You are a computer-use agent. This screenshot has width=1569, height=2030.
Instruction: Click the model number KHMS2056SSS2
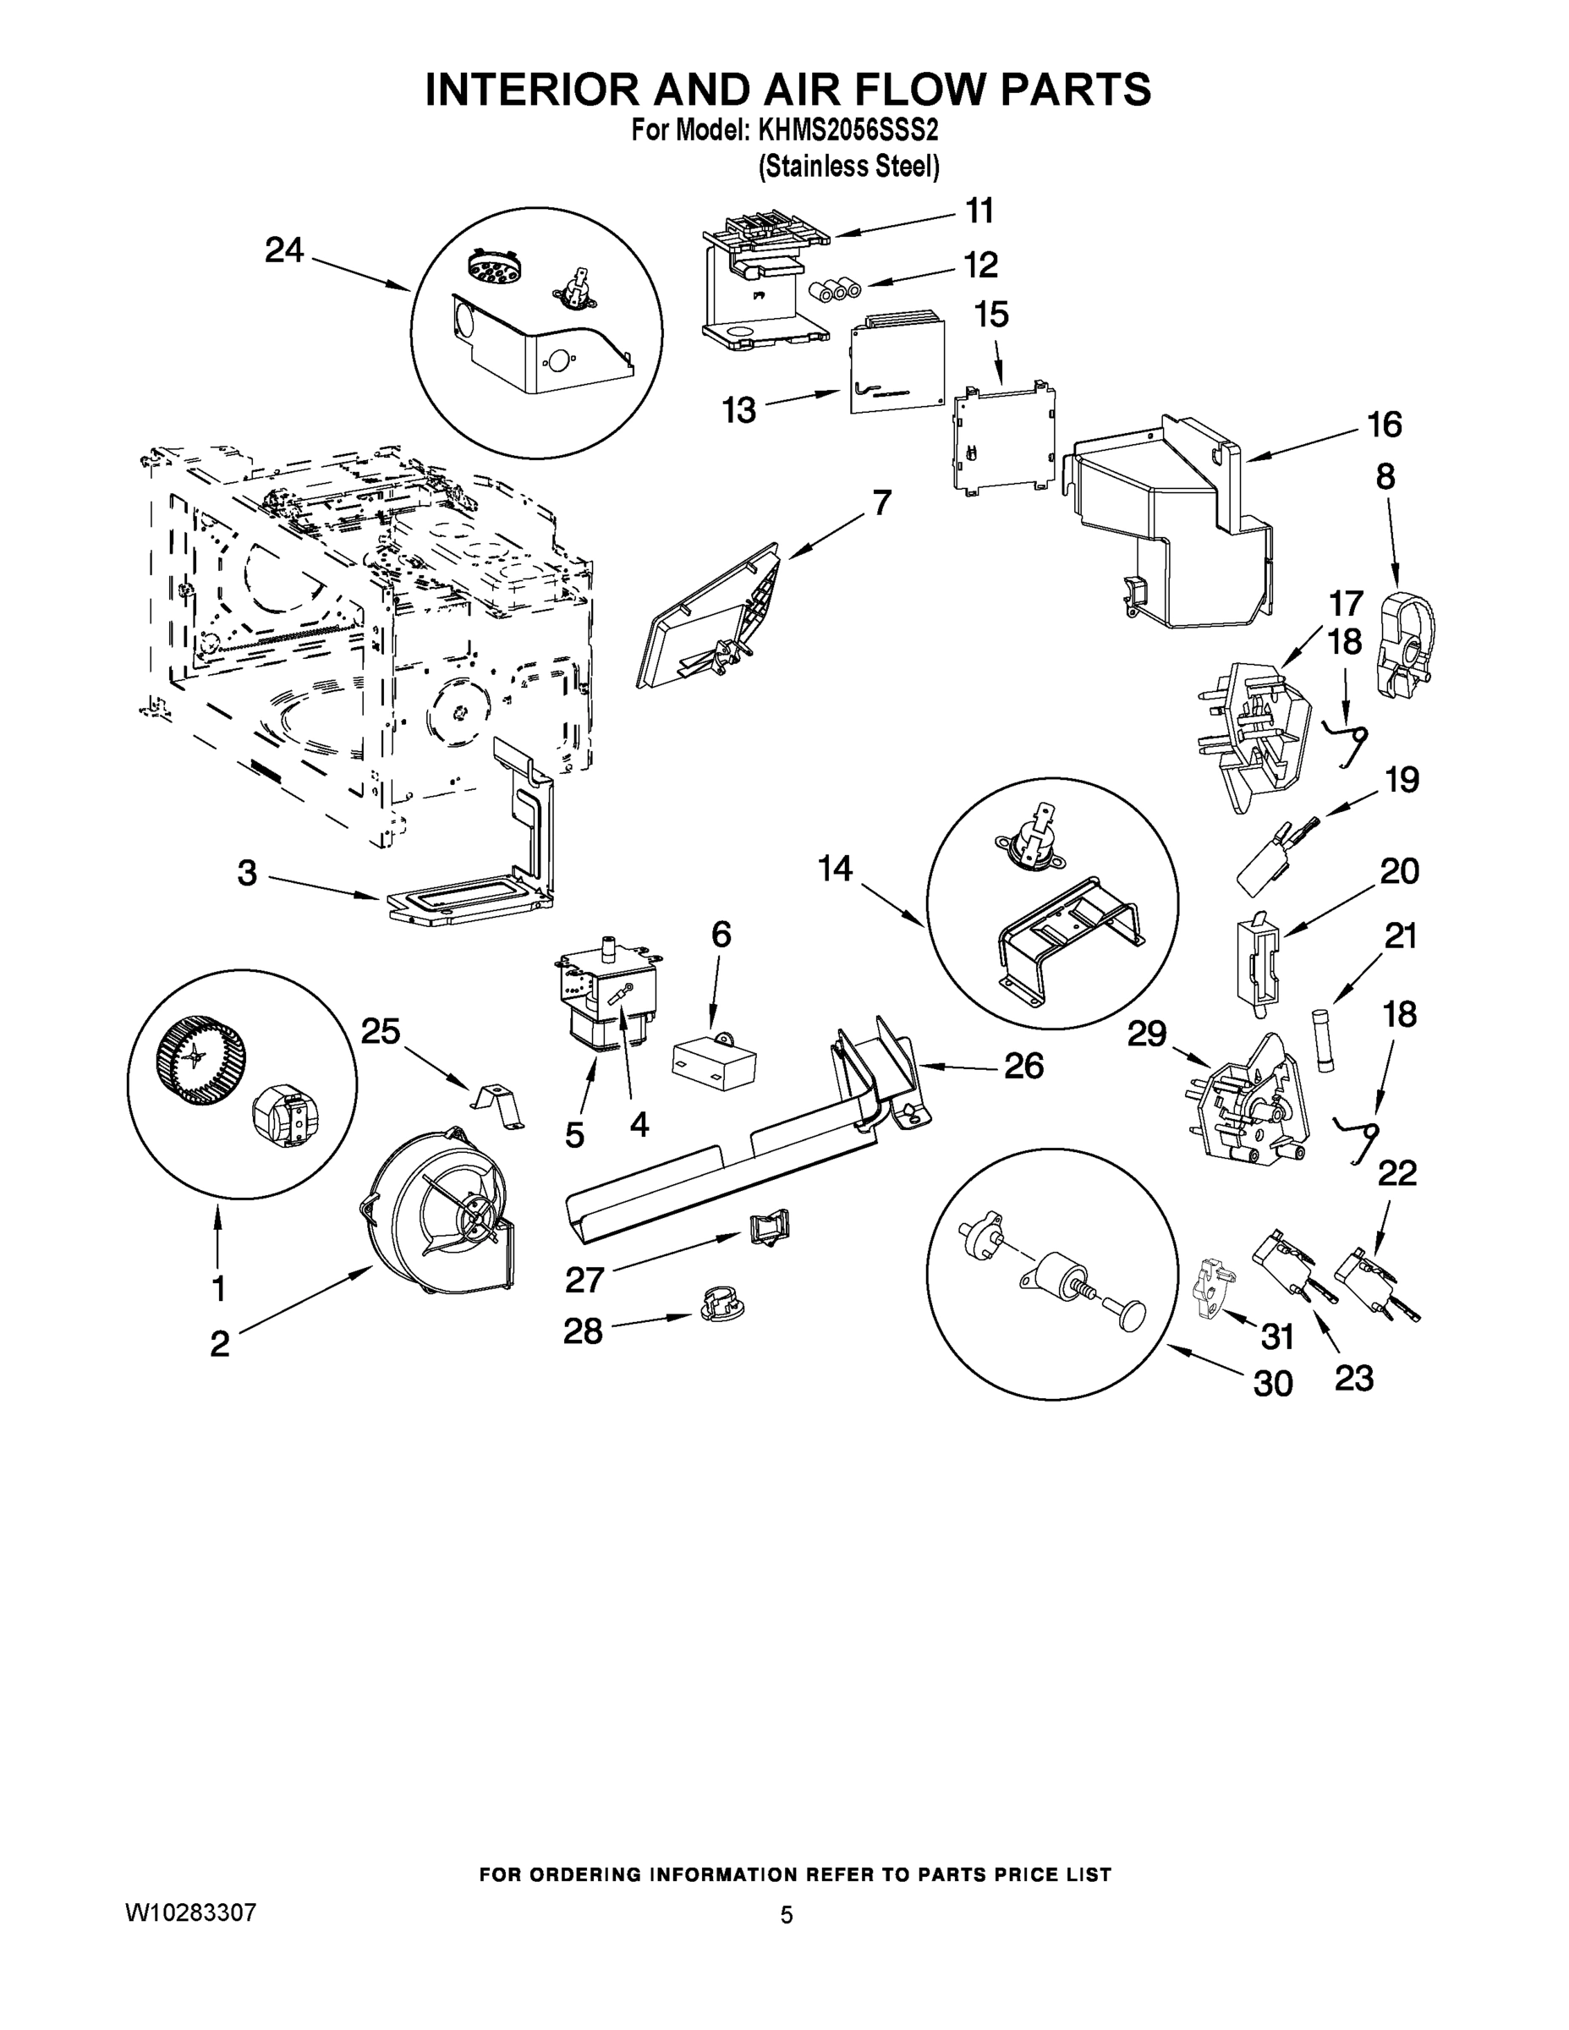tap(848, 130)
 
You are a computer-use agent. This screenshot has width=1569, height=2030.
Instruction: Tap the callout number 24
tap(283, 250)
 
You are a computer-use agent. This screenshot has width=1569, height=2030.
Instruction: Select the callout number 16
tap(1384, 425)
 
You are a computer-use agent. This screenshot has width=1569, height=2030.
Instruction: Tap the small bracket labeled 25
tap(497, 1106)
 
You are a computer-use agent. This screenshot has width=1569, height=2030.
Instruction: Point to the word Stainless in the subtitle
tap(810, 167)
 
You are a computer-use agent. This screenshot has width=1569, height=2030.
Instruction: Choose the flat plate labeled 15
tap(1003, 435)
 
